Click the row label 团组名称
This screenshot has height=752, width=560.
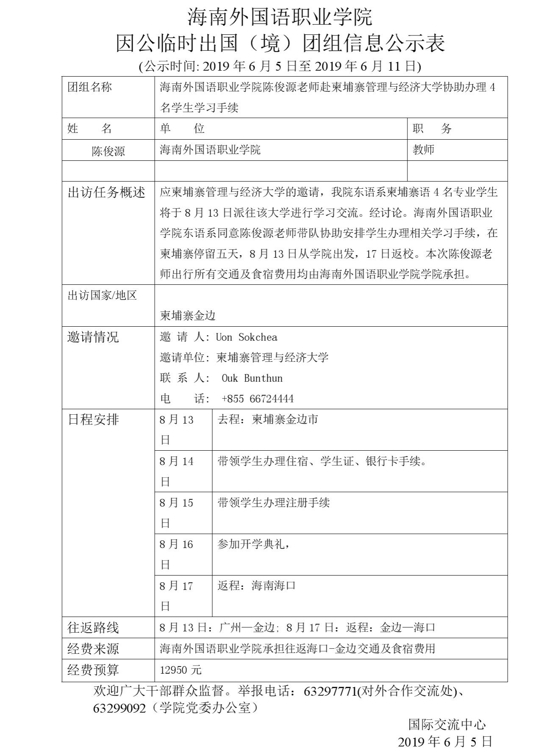pos(90,87)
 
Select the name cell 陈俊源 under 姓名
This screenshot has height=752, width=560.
pos(108,151)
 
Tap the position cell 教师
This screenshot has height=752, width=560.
pos(423,149)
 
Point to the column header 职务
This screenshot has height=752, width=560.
pos(432,129)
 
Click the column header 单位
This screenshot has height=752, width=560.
pos(182,129)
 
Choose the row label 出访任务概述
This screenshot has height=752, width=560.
pos(106,193)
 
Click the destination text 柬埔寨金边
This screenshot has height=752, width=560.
pos(188,315)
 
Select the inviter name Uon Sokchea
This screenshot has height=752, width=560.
pos(247,337)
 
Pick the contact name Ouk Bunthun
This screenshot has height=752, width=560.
pos(252,378)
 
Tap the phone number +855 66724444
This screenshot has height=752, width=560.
pos(258,399)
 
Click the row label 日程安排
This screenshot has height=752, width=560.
pos(93,419)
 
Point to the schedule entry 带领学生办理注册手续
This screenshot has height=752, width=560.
pos(273,503)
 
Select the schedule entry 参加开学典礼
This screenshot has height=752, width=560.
pos(253,544)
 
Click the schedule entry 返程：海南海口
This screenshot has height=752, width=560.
pos(256,586)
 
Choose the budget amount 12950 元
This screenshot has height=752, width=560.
pos(180,670)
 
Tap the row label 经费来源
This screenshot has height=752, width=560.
pos(93,649)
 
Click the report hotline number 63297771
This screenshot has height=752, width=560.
pos(330,691)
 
